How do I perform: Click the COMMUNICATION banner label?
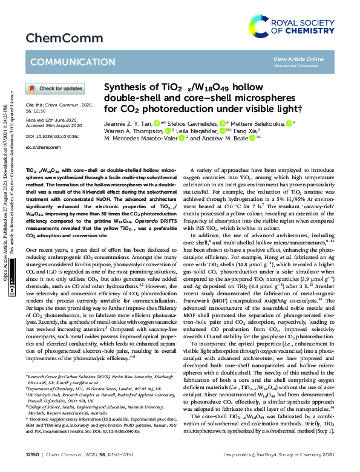pyautogui.click(x=65, y=62)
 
